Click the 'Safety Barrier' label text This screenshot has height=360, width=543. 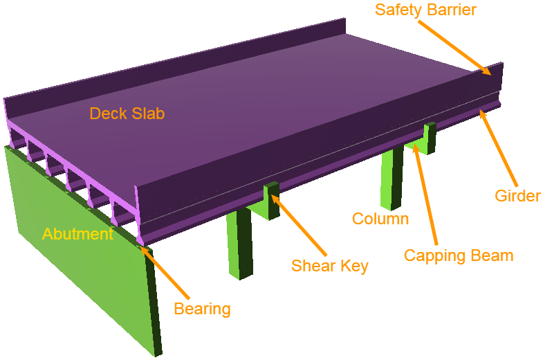(425, 10)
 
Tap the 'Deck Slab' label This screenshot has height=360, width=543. (127, 114)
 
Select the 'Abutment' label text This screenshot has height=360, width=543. (77, 234)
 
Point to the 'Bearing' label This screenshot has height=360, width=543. (202, 308)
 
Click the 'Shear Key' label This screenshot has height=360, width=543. (329, 266)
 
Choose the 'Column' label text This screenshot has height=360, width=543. (380, 219)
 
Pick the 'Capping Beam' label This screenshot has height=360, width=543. (459, 255)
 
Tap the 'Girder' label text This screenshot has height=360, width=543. (517, 196)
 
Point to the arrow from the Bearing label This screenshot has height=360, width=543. (164, 273)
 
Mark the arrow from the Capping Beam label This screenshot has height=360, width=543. (425, 194)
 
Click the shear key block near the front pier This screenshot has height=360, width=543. (271, 199)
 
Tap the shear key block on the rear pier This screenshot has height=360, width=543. (430, 137)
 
